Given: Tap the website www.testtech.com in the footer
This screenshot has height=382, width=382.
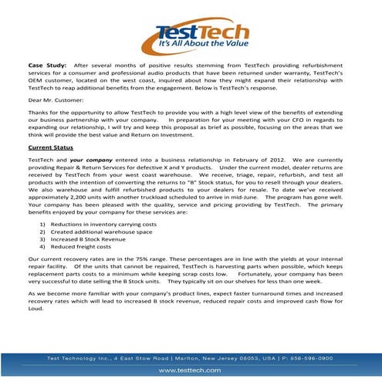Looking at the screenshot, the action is tap(191, 370).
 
